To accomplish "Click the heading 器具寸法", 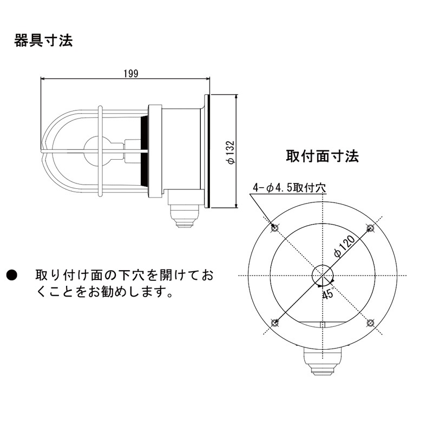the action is click(43, 41).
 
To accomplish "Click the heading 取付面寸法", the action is click(322, 156).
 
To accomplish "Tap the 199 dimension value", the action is click(130, 74).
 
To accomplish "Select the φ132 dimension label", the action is click(231, 152).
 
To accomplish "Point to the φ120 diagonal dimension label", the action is click(344, 246).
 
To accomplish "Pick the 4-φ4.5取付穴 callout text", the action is click(290, 188).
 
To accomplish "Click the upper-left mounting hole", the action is click(275, 228).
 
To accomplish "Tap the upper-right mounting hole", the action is click(370, 228).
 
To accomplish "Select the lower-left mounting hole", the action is click(275, 323).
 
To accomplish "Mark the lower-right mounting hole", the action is click(370, 323).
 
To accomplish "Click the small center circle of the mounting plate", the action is click(323, 275).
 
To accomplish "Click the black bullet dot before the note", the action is click(12, 275).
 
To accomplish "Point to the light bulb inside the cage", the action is click(97, 150).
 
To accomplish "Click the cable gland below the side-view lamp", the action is click(183, 216).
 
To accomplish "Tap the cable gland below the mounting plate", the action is click(322, 360).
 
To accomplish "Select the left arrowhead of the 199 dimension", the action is click(43, 78).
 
